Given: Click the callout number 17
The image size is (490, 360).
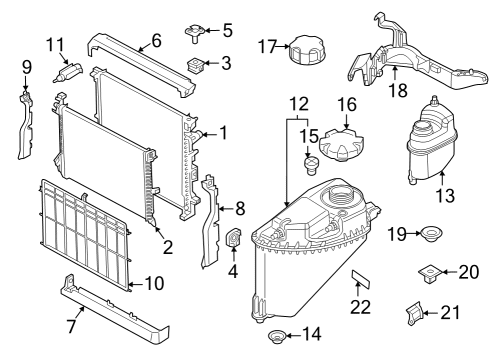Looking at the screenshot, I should pyautogui.click(x=265, y=45).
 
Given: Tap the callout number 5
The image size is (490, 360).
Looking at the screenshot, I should pyautogui.click(x=227, y=30).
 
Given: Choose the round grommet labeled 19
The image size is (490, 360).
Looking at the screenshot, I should pyautogui.click(x=432, y=234).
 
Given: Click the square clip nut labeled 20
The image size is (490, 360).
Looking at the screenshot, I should pyautogui.click(x=428, y=272).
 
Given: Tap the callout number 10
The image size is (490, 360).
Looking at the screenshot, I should pyautogui.click(x=152, y=283).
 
